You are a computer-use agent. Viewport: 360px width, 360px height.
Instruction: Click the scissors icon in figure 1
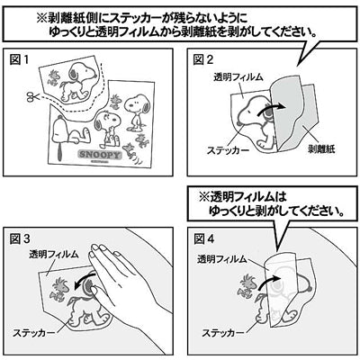point(32,96)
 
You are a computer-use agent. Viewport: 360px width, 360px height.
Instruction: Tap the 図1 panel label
point(19,59)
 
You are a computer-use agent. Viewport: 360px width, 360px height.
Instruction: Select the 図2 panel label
point(203,59)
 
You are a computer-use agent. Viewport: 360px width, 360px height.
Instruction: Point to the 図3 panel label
point(20,238)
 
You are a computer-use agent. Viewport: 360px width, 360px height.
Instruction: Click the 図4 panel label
point(204,238)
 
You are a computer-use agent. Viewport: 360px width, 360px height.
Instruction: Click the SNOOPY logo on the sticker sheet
point(100,155)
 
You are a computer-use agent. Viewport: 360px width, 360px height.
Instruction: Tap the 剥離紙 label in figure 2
point(321,148)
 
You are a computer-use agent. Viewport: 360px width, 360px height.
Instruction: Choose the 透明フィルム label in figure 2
point(238,77)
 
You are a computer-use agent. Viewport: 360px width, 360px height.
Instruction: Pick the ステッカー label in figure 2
point(228,149)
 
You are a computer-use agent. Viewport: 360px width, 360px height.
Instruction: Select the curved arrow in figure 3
point(84,281)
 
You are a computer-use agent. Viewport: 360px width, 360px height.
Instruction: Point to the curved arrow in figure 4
point(268,282)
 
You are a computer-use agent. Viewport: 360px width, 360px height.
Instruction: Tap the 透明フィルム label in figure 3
point(54,255)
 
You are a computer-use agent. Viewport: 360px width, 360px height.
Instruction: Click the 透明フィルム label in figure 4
point(222,259)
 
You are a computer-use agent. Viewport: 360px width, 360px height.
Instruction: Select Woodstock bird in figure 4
point(247,286)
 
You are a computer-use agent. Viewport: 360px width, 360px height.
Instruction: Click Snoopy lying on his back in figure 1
point(70,133)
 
